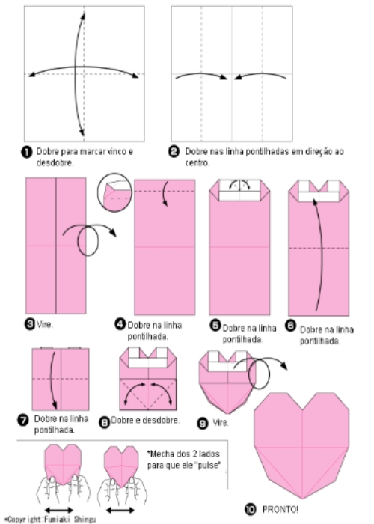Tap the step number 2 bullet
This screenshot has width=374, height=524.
[174, 152]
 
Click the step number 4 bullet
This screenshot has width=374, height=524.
[119, 324]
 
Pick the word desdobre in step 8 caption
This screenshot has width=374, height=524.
[162, 421]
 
